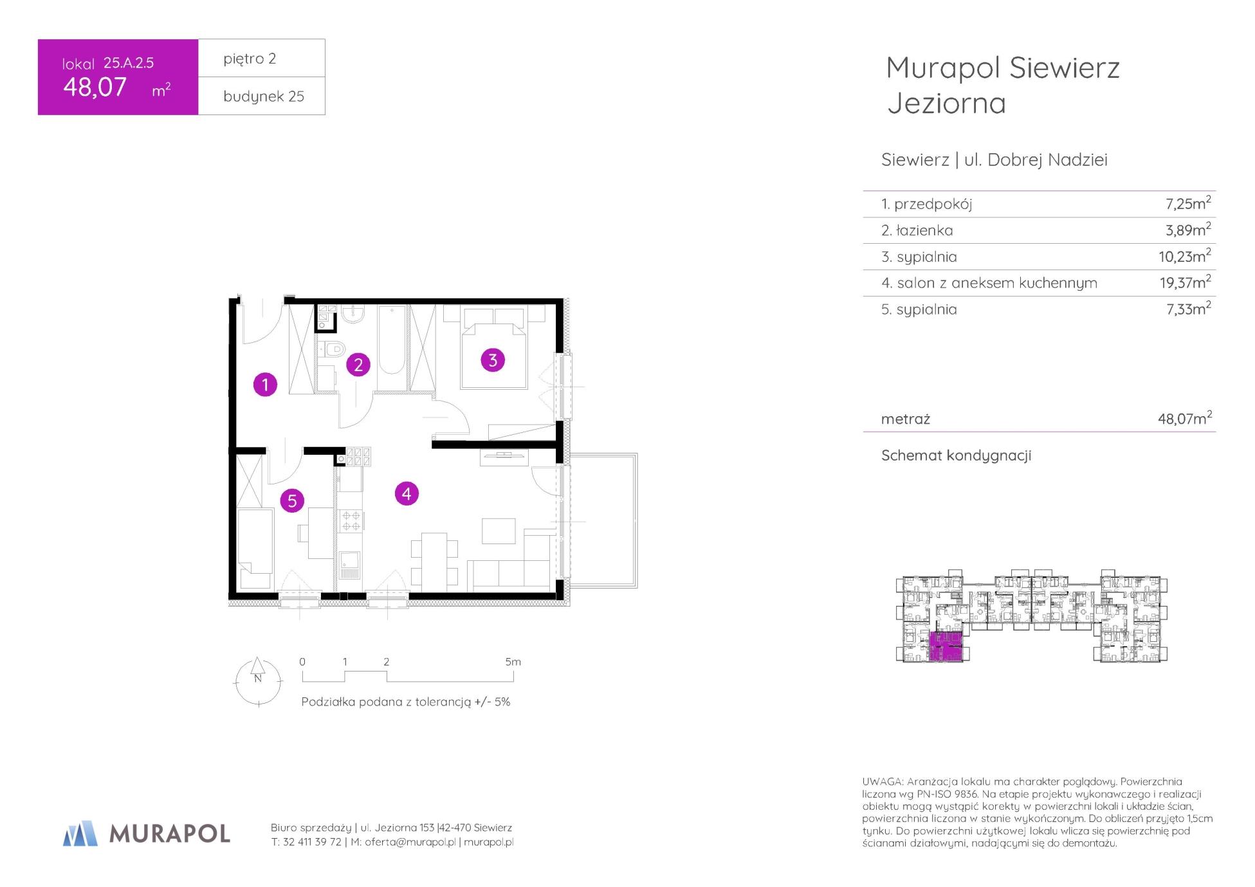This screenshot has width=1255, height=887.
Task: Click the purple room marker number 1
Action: pyautogui.click(x=265, y=385)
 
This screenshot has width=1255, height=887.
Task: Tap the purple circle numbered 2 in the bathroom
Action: pyautogui.click(x=358, y=365)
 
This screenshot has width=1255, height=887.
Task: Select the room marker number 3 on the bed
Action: pyautogui.click(x=493, y=360)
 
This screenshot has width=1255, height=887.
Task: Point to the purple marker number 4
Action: pyautogui.click(x=407, y=494)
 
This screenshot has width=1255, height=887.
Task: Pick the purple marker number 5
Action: pyautogui.click(x=292, y=500)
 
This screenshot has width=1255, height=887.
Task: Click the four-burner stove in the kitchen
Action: pyautogui.click(x=351, y=520)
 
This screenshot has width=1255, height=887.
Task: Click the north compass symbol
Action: pyautogui.click(x=258, y=681)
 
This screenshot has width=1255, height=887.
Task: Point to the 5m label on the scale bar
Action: pyautogui.click(x=513, y=662)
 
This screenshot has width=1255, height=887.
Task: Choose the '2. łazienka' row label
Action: pyautogui.click(x=917, y=230)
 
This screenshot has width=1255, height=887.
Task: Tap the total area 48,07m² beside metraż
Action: pyautogui.click(x=1185, y=418)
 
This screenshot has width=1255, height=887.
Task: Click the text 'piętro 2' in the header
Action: pyautogui.click(x=250, y=59)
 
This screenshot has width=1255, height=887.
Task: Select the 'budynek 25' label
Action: pyautogui.click(x=264, y=96)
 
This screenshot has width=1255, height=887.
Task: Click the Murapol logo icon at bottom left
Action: pyautogui.click(x=80, y=833)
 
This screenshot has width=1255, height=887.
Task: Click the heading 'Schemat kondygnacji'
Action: pyautogui.click(x=956, y=455)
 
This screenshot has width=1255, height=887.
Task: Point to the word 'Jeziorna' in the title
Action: pyautogui.click(x=946, y=104)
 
